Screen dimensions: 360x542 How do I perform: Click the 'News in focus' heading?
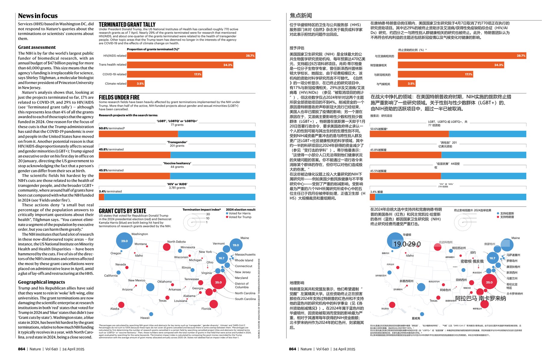pos(38,16)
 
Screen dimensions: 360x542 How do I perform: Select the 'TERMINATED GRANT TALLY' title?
pos(127,25)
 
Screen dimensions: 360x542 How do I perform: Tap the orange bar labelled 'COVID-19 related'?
pos(164,74)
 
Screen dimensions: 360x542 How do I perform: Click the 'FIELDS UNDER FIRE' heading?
pos(119,97)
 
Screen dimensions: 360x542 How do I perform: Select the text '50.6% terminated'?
pos(111,128)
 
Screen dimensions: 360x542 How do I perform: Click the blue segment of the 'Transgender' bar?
pos(213,155)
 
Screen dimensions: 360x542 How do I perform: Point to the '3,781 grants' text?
pos(177,188)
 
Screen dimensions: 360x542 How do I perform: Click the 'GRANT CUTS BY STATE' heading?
pos(123,211)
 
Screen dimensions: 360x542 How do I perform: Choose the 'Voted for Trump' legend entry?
pos(240,217)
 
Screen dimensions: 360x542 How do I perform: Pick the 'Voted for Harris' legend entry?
pos(240,213)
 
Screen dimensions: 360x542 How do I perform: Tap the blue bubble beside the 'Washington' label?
pos(124,241)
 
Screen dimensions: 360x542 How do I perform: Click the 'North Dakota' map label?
pos(176,242)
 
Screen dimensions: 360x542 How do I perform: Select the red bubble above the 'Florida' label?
pos(213,304)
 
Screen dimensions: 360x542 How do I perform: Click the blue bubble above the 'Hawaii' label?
pos(151,314)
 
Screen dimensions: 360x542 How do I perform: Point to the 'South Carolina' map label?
pos(245,299)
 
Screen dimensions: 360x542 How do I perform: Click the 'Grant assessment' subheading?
pos(37,47)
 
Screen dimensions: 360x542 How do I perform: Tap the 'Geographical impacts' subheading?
pos(42,282)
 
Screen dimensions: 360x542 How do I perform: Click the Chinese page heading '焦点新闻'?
pos(301,16)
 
